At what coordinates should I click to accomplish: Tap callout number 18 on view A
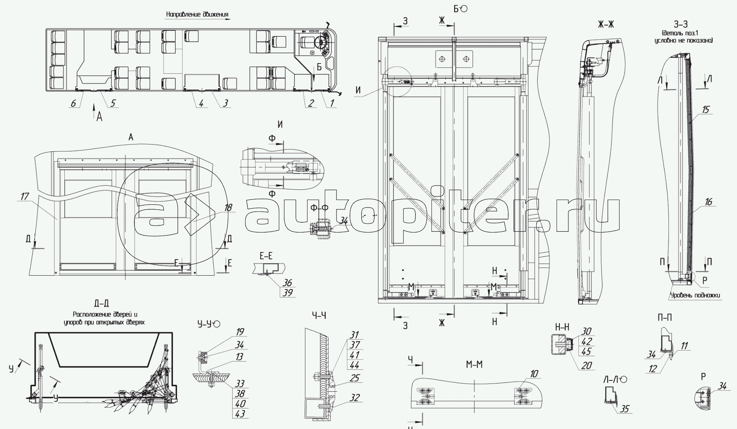(228, 207)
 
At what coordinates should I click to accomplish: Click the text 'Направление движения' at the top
(197, 15)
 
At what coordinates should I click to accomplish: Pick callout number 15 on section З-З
(706, 109)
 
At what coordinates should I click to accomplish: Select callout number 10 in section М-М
(534, 374)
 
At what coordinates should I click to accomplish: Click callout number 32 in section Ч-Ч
(355, 398)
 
